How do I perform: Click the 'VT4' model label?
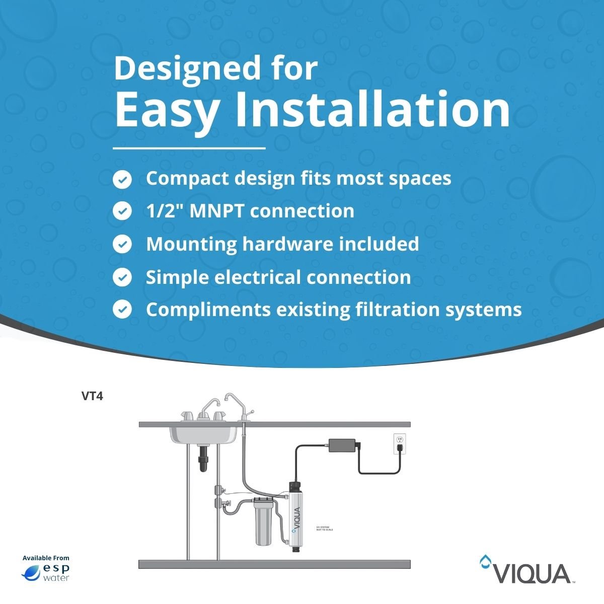pyautogui.click(x=92, y=396)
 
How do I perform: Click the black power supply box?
pyautogui.click(x=342, y=445)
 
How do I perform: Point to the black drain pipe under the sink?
pyautogui.click(x=203, y=459)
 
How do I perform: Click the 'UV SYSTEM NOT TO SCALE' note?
pyautogui.click(x=324, y=528)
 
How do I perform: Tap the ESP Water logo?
pyautogui.click(x=46, y=572)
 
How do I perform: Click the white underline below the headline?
pyautogui.click(x=189, y=148)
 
